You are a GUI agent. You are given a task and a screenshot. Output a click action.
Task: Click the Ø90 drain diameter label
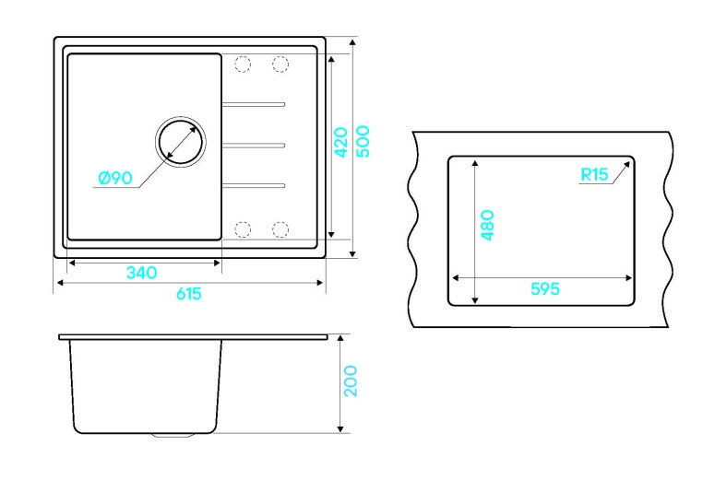click(115, 178)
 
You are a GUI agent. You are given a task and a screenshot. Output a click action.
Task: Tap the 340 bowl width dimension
click(142, 272)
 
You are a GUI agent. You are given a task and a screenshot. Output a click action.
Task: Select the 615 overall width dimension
click(189, 294)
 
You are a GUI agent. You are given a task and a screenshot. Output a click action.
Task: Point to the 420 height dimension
click(341, 143)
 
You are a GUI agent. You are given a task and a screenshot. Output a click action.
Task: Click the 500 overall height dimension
click(363, 142)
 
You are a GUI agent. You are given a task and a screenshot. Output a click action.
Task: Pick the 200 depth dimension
click(351, 381)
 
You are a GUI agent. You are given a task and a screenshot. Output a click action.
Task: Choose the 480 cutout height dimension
click(487, 225)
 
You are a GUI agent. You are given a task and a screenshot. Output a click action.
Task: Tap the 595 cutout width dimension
click(545, 288)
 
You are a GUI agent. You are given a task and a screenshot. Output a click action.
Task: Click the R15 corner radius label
click(594, 174)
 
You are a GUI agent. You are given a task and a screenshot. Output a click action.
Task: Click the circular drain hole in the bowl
click(181, 142)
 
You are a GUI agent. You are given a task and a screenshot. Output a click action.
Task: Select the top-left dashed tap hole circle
click(243, 64)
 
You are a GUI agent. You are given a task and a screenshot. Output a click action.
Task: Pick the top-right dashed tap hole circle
click(280, 64)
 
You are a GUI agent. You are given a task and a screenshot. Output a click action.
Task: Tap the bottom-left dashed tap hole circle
click(243, 229)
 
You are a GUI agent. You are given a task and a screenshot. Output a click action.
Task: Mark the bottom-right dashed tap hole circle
click(280, 229)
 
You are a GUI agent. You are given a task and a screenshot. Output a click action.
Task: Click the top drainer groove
click(254, 104)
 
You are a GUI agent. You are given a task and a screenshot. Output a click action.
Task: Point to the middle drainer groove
click(254, 145)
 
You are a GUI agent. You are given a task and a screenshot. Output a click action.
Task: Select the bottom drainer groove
click(254, 185)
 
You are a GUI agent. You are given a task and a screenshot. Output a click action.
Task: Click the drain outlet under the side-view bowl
click(173, 435)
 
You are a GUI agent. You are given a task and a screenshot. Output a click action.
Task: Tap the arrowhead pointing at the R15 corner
click(626, 165)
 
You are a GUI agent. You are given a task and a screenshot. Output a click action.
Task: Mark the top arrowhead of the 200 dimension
click(340, 338)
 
